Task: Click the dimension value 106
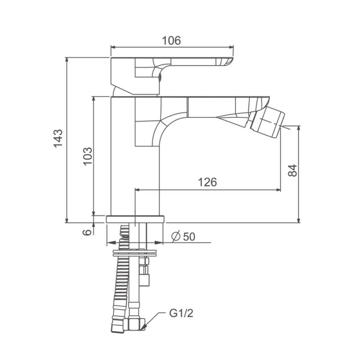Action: click(x=171, y=40)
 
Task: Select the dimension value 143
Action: click(x=58, y=139)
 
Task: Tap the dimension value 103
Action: click(x=87, y=156)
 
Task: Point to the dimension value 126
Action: click(x=207, y=182)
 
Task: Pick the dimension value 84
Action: click(x=292, y=171)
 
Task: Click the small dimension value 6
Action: click(x=87, y=232)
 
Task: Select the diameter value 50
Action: click(x=189, y=237)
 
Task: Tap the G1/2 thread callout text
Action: click(x=181, y=313)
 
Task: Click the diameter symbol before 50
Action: click(x=176, y=237)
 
